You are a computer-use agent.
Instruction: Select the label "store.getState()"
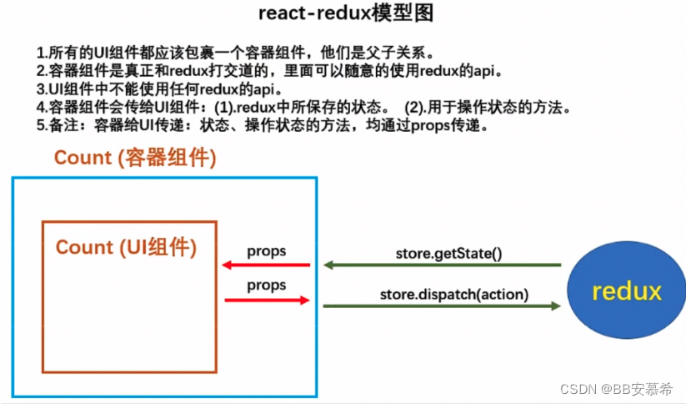click(x=448, y=251)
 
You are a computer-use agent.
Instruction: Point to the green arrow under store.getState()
click(x=442, y=265)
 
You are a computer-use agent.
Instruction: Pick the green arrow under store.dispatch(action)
click(x=442, y=306)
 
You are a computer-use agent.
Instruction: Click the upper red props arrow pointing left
click(x=266, y=266)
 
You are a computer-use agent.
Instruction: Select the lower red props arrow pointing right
click(x=266, y=300)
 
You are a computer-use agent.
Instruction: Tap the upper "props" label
click(x=266, y=251)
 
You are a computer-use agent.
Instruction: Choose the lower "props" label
click(x=266, y=285)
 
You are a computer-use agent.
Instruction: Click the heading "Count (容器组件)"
click(x=135, y=159)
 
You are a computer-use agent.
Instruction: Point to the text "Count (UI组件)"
click(x=126, y=247)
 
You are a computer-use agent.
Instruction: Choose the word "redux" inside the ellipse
click(x=626, y=291)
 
